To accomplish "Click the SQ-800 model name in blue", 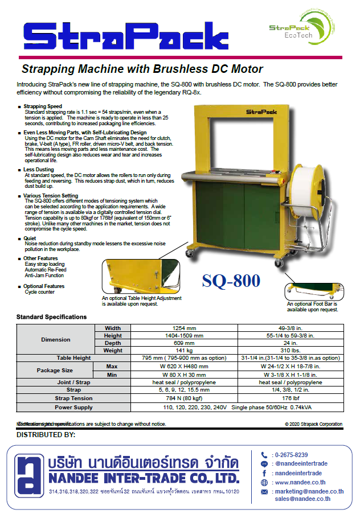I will pyautogui.click(x=231, y=281).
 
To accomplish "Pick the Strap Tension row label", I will pyautogui.click(x=73, y=398).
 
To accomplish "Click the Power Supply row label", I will pyautogui.click(x=73, y=408).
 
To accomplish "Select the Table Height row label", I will pyautogui.click(x=73, y=358).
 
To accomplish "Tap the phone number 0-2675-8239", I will pyautogui.click(x=291, y=455).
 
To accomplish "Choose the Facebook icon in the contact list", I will pyautogui.click(x=264, y=473).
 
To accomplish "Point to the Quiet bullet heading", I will pyautogui.click(x=30, y=239).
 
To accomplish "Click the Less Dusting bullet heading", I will pyautogui.click(x=39, y=169).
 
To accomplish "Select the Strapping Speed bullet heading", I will pyautogui.click(x=43, y=106).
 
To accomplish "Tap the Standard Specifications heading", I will pyautogui.click(x=51, y=317).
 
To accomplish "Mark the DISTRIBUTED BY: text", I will pyautogui.click(x=46, y=435).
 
